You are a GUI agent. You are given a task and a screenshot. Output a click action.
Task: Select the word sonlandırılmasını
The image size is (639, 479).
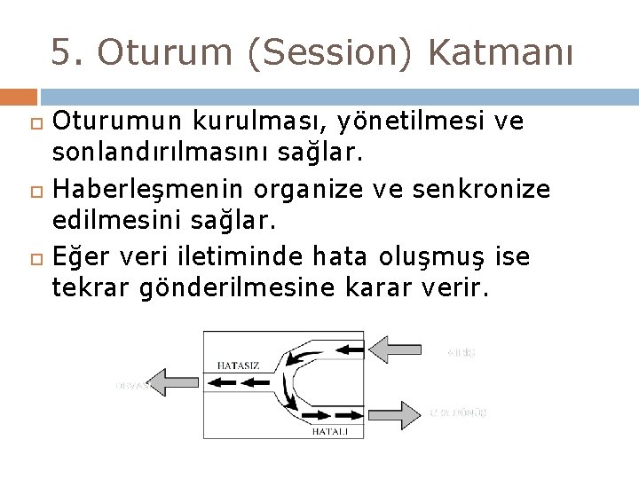(x=160, y=154)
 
